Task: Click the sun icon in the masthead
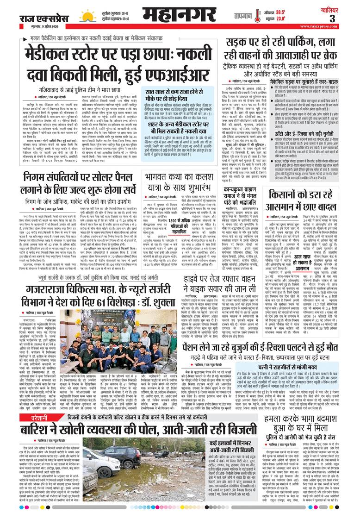86,17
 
